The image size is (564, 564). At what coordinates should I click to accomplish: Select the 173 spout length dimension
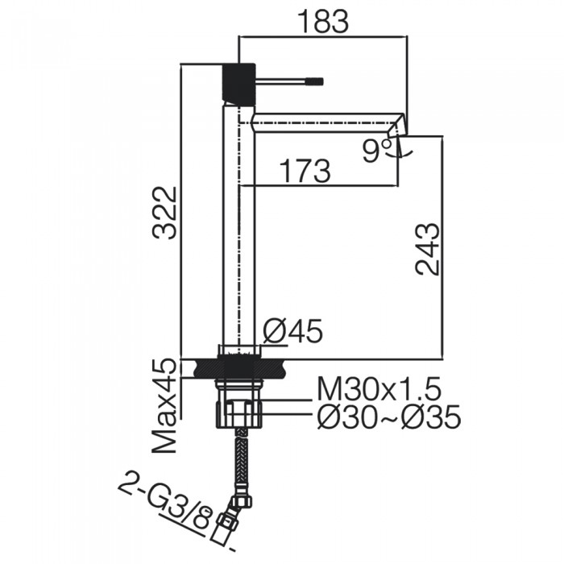[x=304, y=171]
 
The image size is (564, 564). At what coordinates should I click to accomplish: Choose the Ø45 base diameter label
[x=293, y=330]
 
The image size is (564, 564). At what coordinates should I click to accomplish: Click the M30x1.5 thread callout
[x=378, y=390]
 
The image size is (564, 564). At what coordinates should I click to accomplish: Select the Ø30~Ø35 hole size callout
[x=388, y=417]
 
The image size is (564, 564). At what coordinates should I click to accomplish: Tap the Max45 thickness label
[x=166, y=405]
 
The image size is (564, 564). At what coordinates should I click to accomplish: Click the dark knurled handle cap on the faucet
[x=238, y=81]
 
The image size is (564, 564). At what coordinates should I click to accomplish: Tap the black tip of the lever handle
[x=314, y=81]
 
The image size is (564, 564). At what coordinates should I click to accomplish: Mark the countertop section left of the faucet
[x=201, y=369]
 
